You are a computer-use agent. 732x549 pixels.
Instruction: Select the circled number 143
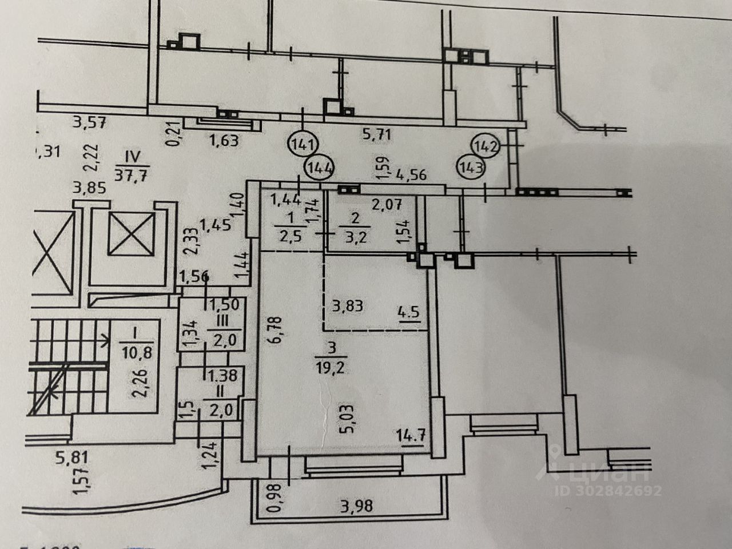(471, 168)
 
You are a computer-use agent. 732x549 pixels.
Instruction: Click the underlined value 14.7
(411, 433)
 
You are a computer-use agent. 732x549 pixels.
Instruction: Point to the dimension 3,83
(347, 305)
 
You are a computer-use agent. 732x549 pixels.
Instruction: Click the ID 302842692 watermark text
(607, 490)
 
